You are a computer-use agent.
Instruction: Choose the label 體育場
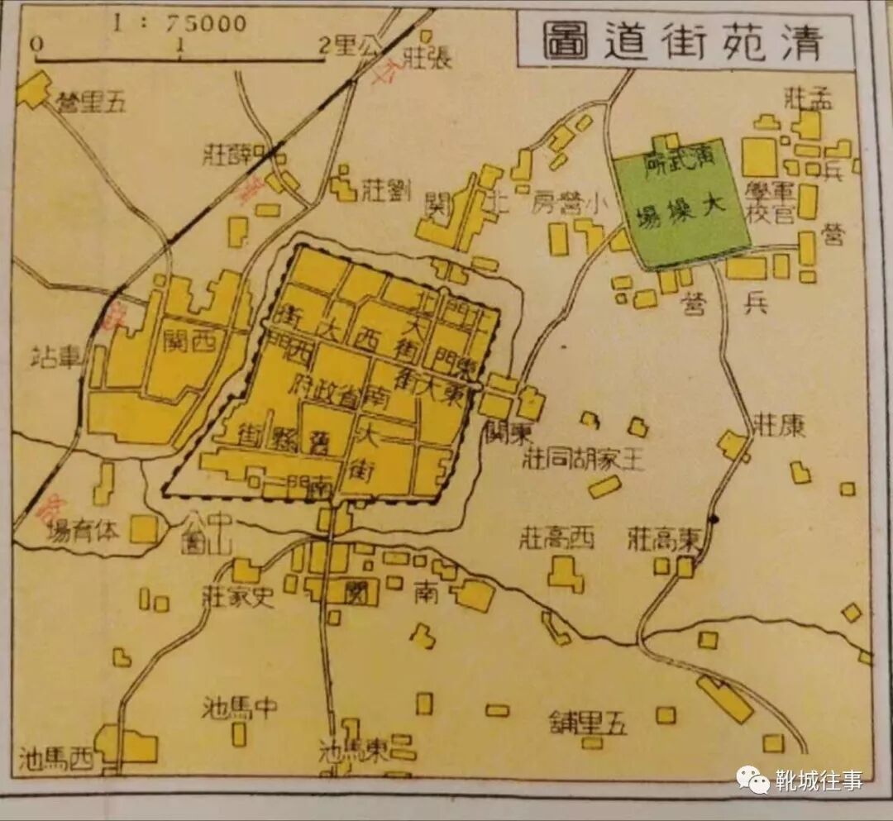pyautogui.click(x=84, y=530)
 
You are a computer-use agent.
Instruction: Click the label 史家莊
pyautogui.click(x=238, y=595)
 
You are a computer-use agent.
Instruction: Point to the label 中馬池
pyautogui.click(x=239, y=708)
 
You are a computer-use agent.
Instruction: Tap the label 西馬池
pyautogui.click(x=56, y=756)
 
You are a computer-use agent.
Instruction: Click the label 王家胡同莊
pyautogui.click(x=583, y=460)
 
